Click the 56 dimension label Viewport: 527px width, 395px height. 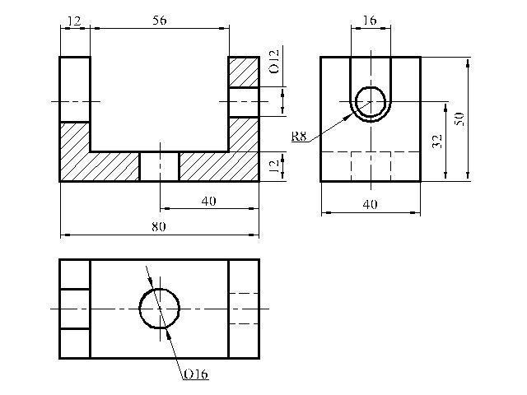159,21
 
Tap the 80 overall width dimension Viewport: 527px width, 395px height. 159,227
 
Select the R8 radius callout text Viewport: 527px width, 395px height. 299,137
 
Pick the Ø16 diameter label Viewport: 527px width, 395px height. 196,374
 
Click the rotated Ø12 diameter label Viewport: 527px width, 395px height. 274,62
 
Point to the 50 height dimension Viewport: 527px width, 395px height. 459,119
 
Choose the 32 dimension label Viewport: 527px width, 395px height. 436,142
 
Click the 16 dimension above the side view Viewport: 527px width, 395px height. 370,21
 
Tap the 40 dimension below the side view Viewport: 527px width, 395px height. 370,204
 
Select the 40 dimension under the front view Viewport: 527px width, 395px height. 208,201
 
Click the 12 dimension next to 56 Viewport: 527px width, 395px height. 75,21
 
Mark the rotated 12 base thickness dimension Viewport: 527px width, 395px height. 274,166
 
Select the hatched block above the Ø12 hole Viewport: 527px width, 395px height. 244,72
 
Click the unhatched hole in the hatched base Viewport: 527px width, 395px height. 159,166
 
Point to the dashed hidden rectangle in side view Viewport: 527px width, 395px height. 352,166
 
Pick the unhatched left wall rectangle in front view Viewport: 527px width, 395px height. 75,90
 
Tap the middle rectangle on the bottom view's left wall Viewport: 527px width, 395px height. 75,309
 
